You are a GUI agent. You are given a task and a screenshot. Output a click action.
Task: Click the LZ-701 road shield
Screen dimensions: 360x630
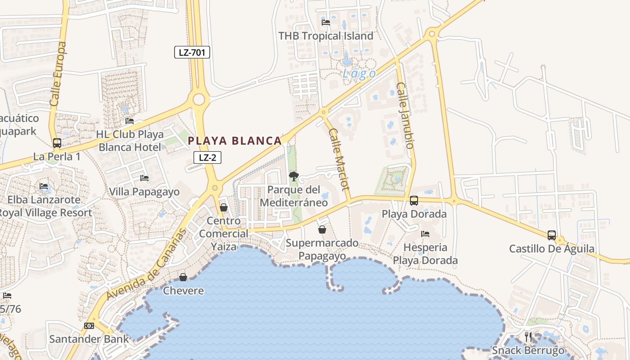[x=192, y=52]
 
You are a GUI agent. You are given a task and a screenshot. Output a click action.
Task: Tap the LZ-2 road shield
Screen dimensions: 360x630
[x=207, y=157]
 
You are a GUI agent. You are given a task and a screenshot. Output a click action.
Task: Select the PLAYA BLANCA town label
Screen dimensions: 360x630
[x=234, y=141]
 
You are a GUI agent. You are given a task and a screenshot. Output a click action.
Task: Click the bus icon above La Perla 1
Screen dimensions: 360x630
[x=57, y=143]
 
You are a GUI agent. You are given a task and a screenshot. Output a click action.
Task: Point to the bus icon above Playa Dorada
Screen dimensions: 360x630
[x=414, y=201]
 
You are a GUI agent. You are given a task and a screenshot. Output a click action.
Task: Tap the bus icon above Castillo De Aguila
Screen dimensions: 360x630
[x=552, y=235]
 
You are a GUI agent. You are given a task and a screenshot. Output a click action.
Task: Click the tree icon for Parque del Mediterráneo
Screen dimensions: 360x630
[x=294, y=176]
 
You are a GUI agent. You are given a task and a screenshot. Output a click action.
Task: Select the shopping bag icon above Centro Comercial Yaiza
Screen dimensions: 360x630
[x=224, y=207]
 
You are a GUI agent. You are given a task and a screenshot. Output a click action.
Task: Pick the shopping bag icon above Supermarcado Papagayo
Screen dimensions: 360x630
[x=322, y=230]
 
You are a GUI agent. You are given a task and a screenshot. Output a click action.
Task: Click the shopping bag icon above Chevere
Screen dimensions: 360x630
[x=183, y=277]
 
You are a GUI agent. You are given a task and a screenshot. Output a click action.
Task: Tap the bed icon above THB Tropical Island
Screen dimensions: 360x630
[x=326, y=22]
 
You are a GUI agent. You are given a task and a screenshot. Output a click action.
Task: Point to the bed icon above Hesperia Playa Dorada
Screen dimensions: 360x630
[x=425, y=234]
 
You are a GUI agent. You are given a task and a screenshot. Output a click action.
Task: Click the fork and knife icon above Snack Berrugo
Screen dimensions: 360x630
[x=528, y=337]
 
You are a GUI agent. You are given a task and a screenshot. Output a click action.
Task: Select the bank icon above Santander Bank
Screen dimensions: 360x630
[x=89, y=326]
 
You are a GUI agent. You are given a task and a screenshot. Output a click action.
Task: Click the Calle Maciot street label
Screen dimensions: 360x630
[x=339, y=159]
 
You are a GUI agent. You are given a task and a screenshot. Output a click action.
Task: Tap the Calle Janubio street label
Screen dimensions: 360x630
[x=405, y=115]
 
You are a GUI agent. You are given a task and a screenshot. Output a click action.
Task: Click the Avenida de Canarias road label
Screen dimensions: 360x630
[x=147, y=265]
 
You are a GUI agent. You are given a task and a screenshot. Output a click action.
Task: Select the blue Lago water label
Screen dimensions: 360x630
[x=359, y=74]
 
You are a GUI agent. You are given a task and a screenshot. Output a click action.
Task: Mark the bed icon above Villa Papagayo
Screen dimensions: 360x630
[x=144, y=179]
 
